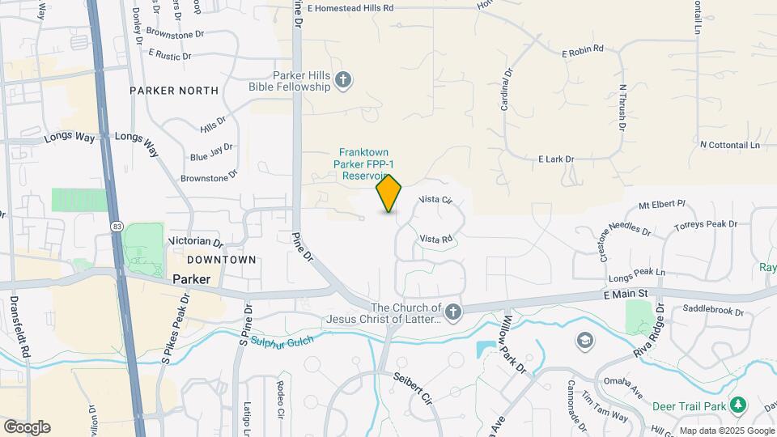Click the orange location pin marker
tap(389, 193)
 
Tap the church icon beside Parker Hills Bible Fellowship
tap(344, 79)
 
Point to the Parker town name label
tap(191, 279)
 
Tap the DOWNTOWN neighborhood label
tap(221, 260)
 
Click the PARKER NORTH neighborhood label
tap(173, 91)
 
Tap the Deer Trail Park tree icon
tap(737, 404)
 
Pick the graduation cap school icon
tap(584, 341)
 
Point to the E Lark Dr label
tap(555, 159)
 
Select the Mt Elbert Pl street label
tap(662, 205)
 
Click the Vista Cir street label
tap(435, 199)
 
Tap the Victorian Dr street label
tap(195, 242)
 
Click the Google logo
tap(27, 427)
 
